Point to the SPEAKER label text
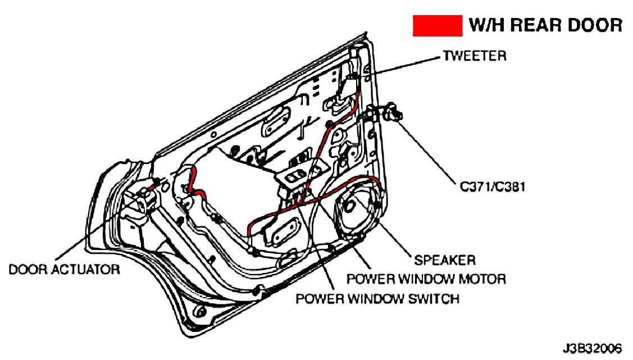pyautogui.click(x=444, y=260)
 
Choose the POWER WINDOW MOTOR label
pyautogui.click(x=426, y=279)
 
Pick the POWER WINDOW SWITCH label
pyautogui.click(x=377, y=298)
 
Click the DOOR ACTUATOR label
pyautogui.click(x=64, y=270)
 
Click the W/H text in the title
pyautogui.click(x=486, y=25)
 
